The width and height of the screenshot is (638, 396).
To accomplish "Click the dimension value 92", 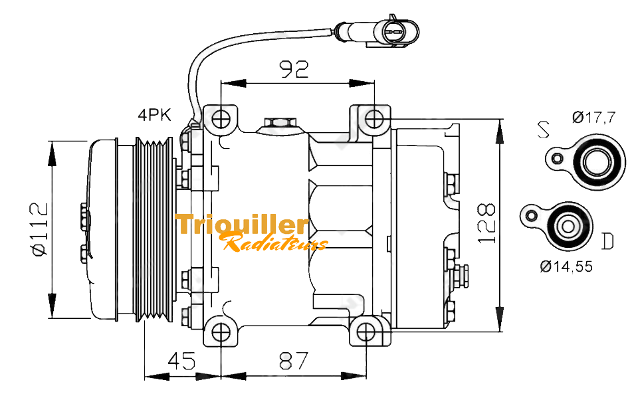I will pos(293,69).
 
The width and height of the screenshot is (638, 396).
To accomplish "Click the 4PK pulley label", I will pos(154,115).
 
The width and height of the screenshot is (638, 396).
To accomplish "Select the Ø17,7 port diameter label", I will pos(593,118).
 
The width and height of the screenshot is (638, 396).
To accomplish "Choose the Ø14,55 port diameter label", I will pos(566,267).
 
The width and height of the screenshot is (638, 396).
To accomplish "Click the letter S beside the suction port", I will pos(544,130).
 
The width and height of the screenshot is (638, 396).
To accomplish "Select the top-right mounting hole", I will pos(374,119).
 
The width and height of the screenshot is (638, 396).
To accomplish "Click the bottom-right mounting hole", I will pos(366,332).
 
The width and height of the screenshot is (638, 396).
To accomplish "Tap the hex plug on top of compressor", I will pos(279,124).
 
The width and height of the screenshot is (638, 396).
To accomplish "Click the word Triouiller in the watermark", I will pos(242,225).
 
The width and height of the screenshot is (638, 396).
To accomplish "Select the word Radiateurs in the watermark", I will pos(275,243).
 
